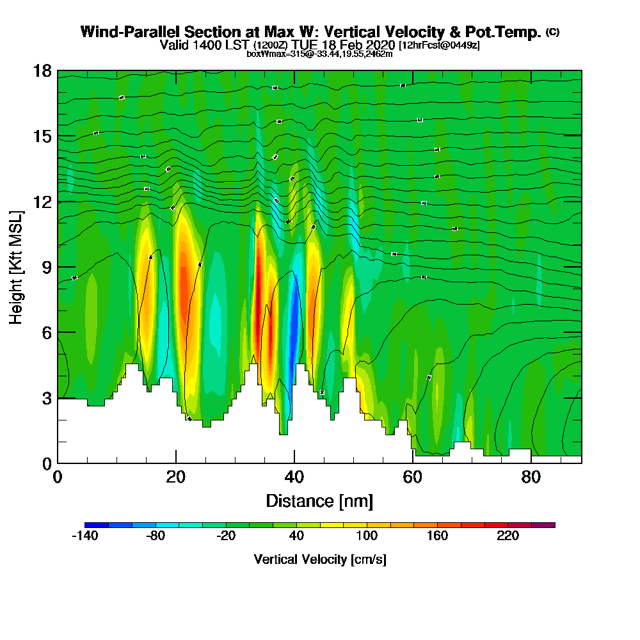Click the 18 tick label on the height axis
pyautogui.click(x=43, y=70)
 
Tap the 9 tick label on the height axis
pyautogui.click(x=46, y=267)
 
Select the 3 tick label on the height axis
pyautogui.click(x=46, y=398)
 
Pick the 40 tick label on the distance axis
pyautogui.click(x=294, y=477)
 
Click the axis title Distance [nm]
pyautogui.click(x=319, y=500)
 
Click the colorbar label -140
pyautogui.click(x=84, y=536)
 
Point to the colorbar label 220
pyautogui.click(x=508, y=536)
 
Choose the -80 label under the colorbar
pyautogui.click(x=156, y=536)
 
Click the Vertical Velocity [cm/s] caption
pyautogui.click(x=319, y=559)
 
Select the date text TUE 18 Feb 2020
pyautogui.click(x=344, y=45)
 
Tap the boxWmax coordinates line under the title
pyautogui.click(x=319, y=54)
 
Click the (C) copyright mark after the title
pyautogui.click(x=553, y=31)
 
